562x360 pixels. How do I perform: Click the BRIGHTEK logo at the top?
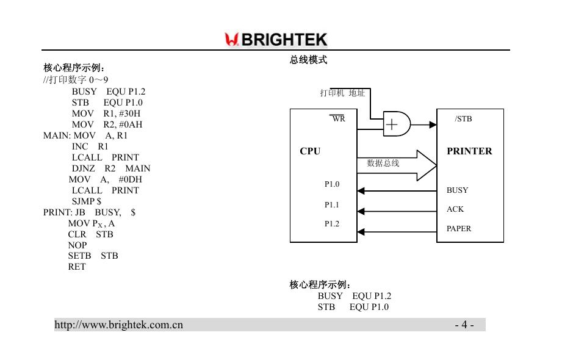click(x=276, y=40)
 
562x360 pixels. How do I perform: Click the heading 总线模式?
click(x=308, y=60)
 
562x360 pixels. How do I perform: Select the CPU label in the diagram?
click(x=310, y=151)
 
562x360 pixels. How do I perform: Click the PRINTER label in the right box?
click(x=469, y=151)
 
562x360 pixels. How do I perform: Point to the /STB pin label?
click(x=464, y=119)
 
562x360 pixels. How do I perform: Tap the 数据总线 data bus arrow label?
click(x=383, y=164)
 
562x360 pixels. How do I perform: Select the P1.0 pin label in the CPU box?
click(x=332, y=184)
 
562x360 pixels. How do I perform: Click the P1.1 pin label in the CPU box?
click(x=332, y=205)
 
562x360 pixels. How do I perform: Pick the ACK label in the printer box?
click(x=455, y=209)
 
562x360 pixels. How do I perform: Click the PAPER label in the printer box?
click(x=459, y=229)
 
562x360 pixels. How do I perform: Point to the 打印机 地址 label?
click(x=342, y=93)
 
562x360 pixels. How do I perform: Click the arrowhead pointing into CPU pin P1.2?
click(x=361, y=232)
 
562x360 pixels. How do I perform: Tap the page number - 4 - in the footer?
click(x=464, y=325)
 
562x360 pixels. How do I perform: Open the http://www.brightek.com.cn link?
click(x=119, y=325)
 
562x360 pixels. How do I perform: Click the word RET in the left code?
click(x=77, y=267)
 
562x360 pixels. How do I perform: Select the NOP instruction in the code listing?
click(x=77, y=245)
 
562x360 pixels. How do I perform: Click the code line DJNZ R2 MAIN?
click(x=111, y=168)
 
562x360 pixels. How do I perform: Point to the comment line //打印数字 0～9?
click(x=76, y=80)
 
